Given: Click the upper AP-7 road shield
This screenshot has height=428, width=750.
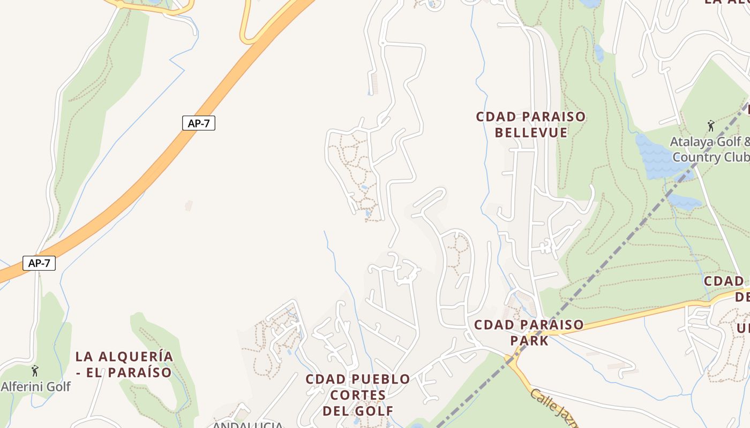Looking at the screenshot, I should tap(198, 123).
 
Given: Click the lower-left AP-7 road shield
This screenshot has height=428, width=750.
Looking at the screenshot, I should tap(39, 263).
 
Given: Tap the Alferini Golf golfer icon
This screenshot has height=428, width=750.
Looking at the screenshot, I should tap(35, 371).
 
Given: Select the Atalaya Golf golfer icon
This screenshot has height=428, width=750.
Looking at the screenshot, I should tap(711, 126).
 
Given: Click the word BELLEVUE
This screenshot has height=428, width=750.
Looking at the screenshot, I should tap(531, 133).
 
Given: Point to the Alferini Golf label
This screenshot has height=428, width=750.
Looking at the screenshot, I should tap(35, 386).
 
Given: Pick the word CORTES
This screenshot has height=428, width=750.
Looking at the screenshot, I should tap(358, 395).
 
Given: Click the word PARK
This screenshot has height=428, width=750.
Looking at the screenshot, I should tap(529, 341).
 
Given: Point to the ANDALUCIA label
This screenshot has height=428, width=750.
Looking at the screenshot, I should tap(247, 425).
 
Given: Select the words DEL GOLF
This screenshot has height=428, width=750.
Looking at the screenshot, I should tap(358, 411).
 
